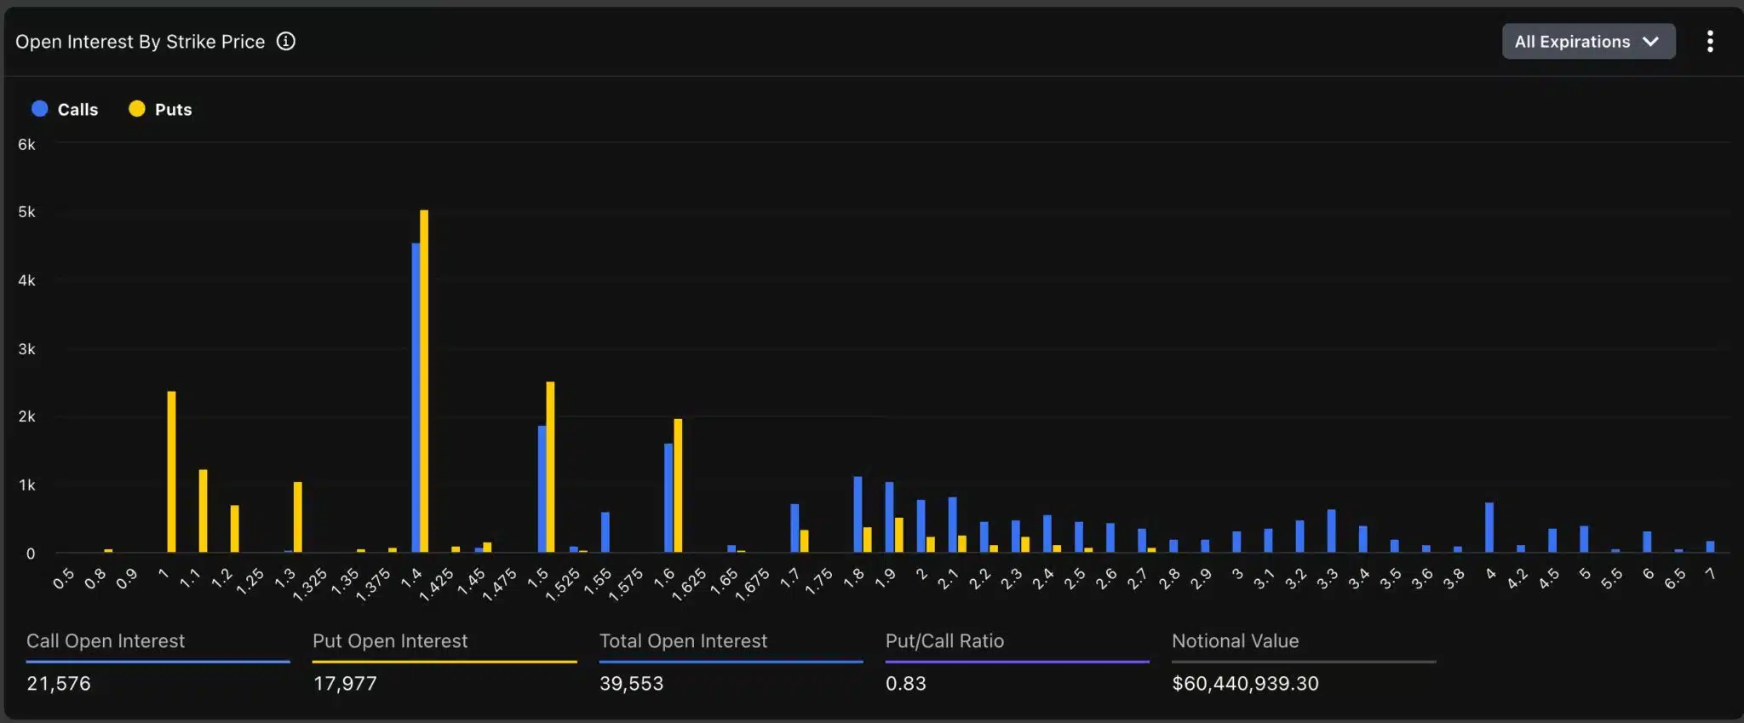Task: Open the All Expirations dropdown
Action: coord(1587,42)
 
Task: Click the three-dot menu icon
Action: coord(1709,42)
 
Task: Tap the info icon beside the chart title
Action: coord(286,42)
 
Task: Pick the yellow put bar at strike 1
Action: coord(171,473)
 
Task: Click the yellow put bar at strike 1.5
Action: coord(550,468)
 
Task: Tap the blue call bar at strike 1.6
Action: coord(668,498)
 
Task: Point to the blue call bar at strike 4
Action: coord(1489,528)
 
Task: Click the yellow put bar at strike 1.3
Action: coord(297,518)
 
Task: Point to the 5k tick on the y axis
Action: coord(26,212)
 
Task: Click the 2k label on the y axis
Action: coord(26,416)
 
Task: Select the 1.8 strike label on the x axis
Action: coord(853,577)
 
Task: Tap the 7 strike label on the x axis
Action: coord(1709,575)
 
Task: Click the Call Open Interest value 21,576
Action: coord(59,684)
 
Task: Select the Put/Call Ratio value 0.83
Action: coord(905,684)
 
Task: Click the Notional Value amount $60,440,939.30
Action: coord(1245,684)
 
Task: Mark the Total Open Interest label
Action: coord(683,641)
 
